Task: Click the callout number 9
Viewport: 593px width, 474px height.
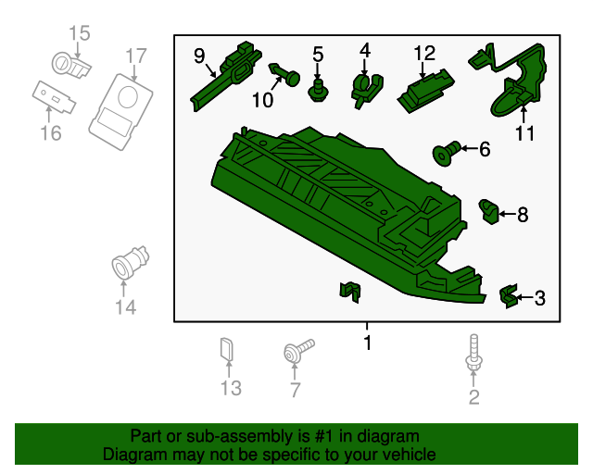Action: point(199,56)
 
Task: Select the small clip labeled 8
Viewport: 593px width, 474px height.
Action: point(489,211)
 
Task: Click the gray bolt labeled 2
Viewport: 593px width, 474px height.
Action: point(473,353)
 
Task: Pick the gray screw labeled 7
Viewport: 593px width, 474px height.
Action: point(297,351)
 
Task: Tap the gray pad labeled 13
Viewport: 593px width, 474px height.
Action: point(226,348)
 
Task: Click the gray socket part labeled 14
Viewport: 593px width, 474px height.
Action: point(130,262)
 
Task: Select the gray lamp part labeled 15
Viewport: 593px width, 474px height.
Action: point(70,65)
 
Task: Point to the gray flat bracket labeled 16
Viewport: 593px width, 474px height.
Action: point(54,97)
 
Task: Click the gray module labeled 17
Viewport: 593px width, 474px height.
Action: point(120,112)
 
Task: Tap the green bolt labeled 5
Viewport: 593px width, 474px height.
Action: point(318,91)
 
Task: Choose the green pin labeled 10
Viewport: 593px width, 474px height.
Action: point(284,75)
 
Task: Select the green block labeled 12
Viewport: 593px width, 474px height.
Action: point(425,91)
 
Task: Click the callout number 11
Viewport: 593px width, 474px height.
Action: point(525,133)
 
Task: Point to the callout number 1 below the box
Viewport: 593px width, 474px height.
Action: point(367,343)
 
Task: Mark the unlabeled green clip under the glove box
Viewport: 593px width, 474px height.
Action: point(350,292)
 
